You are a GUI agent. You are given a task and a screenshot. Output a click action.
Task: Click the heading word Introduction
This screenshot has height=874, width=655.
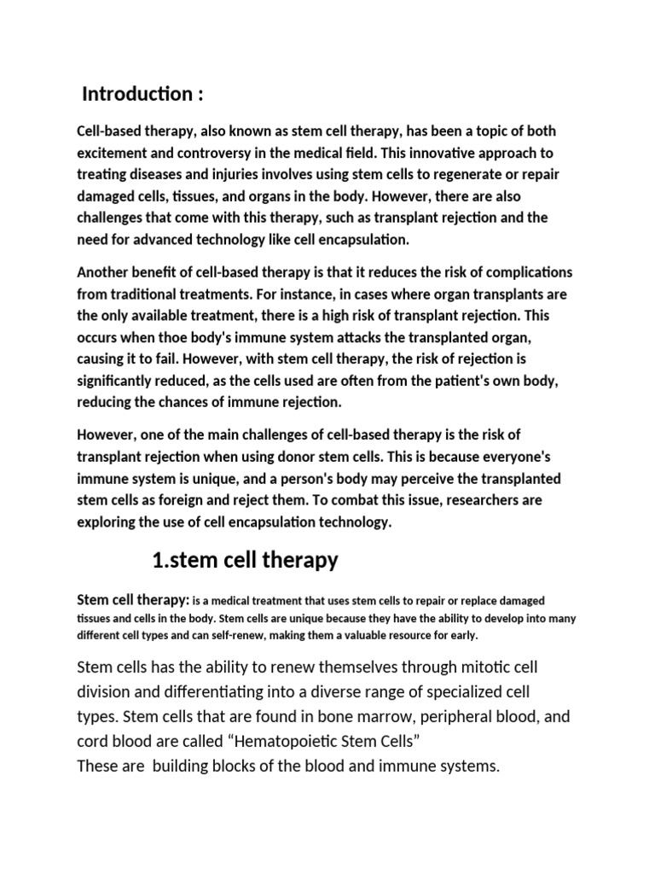[135, 94]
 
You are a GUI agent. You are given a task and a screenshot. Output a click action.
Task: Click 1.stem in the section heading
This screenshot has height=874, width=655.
[183, 560]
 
